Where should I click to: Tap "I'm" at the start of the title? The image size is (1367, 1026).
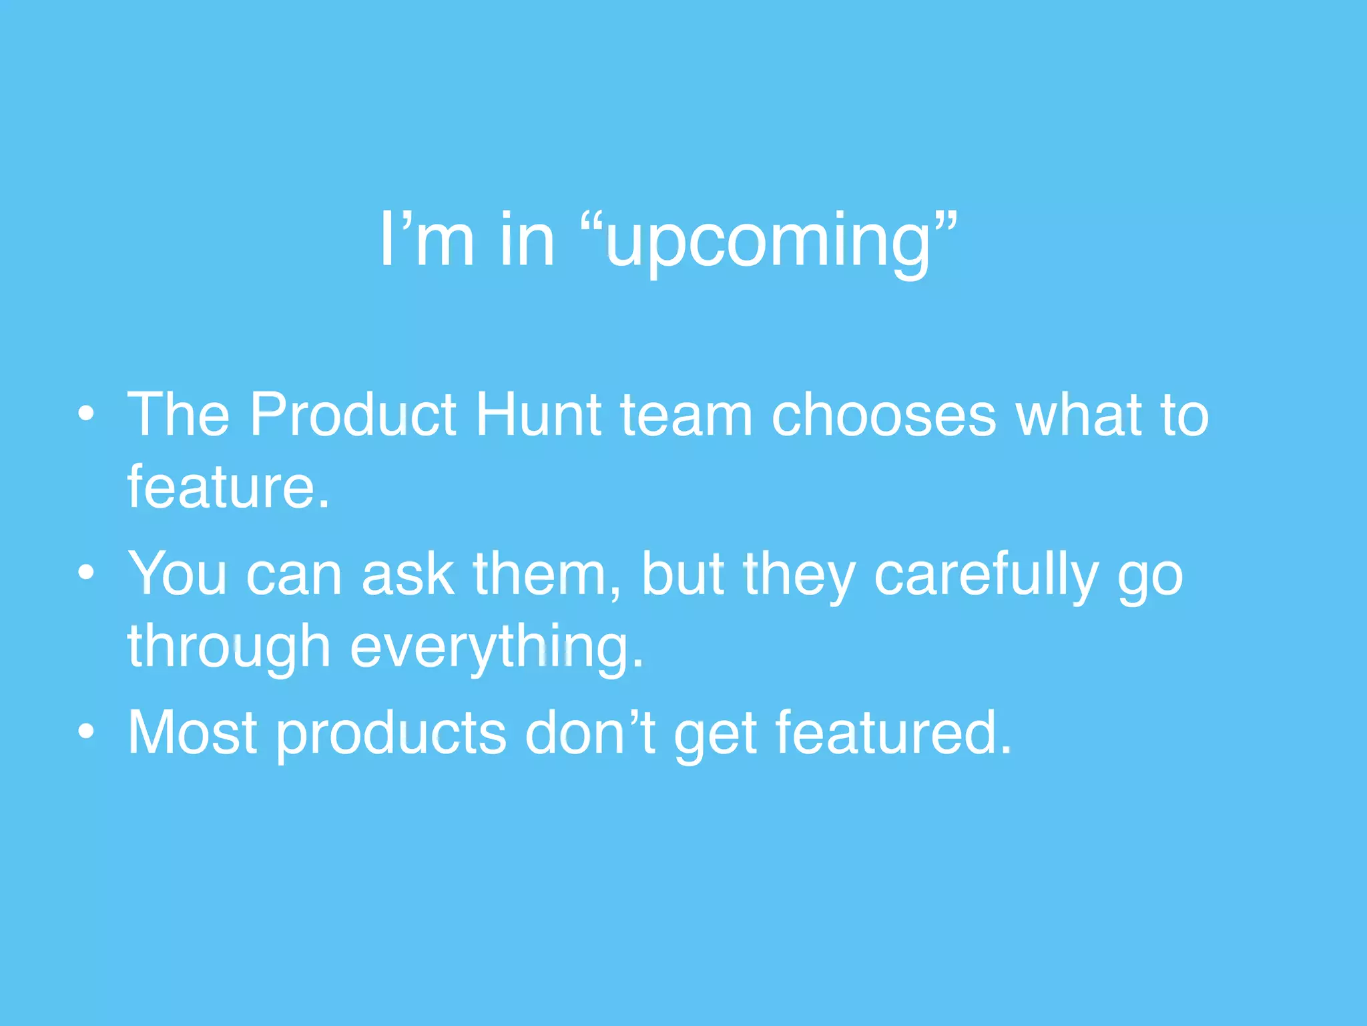click(x=427, y=239)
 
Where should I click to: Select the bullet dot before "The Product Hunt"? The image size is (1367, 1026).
click(x=86, y=414)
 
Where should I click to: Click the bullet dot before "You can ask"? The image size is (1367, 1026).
click(x=86, y=573)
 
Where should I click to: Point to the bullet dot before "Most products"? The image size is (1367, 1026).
click(x=86, y=732)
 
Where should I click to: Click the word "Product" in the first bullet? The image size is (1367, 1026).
click(x=353, y=415)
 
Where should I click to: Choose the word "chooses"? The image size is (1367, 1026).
click(x=884, y=415)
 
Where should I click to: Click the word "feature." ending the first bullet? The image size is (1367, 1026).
click(x=229, y=488)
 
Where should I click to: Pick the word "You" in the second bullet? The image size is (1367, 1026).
click(x=178, y=574)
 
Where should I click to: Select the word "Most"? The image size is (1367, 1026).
click(x=193, y=733)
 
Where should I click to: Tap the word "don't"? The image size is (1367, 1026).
click(x=590, y=733)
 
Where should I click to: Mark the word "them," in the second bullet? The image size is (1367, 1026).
click(x=547, y=574)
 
